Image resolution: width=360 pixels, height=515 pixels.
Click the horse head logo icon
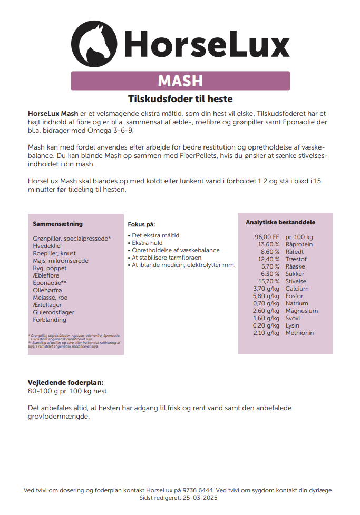pos(94,41)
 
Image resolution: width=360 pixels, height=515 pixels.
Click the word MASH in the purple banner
pos(180,81)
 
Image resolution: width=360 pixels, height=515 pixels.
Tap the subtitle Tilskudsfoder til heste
pos(180,99)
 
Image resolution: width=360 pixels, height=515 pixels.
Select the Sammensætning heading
pos(58,224)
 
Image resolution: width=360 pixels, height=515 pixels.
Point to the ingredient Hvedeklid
pos(47,246)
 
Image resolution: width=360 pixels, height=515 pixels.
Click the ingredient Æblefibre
pos(46,275)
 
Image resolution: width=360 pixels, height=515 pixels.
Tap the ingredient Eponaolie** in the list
pos(50,283)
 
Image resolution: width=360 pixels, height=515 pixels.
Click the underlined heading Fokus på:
pos(141,224)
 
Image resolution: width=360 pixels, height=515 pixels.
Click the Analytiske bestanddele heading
pos(280,222)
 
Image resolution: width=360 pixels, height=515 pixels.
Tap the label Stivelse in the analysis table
pos(296,281)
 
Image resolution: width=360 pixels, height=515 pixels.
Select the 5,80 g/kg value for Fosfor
pos(266,296)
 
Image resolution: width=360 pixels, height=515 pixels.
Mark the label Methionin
pos(299,333)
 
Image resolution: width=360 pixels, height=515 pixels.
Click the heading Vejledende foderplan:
pos(65,383)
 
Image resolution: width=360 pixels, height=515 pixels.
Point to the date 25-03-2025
pos(200,498)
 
